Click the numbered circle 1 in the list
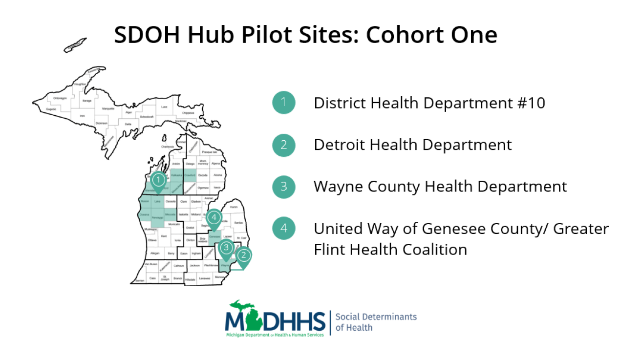[x=283, y=103]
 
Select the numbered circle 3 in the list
[x=283, y=187]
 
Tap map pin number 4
[x=214, y=217]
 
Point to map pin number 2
[x=244, y=255]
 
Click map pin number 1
[x=158, y=180]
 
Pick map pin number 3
[x=225, y=248]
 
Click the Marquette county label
[x=108, y=108]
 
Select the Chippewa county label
[x=188, y=113]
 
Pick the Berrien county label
[x=139, y=281]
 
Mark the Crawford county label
[x=190, y=175]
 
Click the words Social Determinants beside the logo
[x=376, y=317]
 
